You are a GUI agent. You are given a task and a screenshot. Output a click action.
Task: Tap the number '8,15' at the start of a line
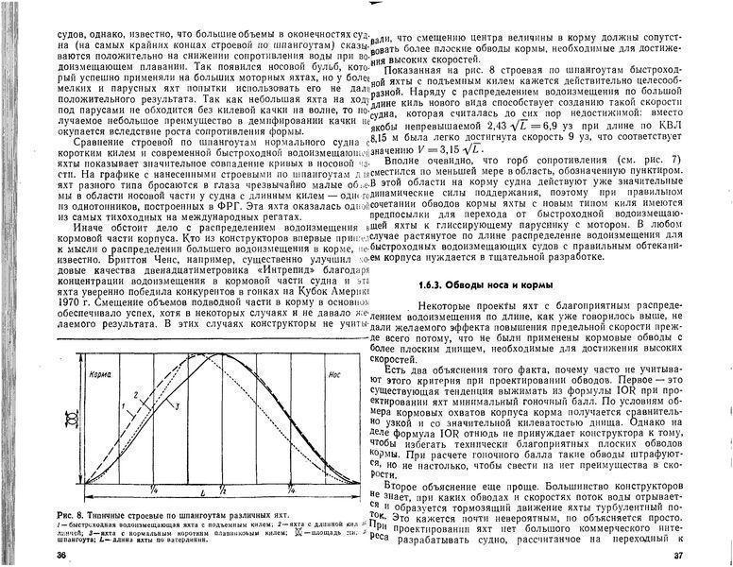384,137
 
